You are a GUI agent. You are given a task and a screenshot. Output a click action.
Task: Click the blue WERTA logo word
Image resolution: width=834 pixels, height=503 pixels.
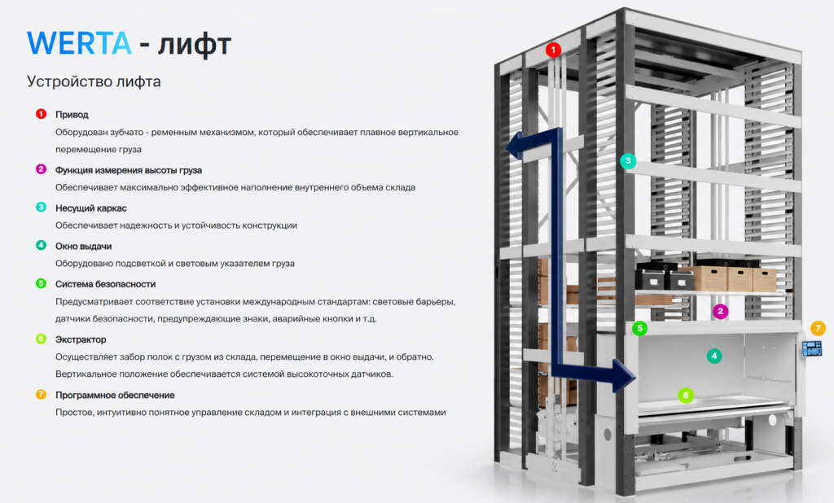[x=79, y=43]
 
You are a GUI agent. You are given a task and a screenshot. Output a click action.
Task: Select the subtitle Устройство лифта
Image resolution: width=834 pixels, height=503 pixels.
[x=94, y=81]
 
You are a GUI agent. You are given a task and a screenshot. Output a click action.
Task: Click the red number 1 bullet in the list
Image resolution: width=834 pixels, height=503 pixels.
[x=41, y=114]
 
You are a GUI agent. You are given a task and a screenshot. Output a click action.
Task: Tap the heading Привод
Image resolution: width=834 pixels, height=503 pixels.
[x=72, y=114]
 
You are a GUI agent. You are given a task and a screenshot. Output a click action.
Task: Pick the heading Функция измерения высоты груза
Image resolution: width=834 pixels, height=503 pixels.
[x=129, y=170]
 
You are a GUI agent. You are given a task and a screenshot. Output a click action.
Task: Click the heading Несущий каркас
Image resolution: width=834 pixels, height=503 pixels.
[x=91, y=208]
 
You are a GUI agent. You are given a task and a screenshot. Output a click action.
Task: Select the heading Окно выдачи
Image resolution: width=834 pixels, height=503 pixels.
[x=84, y=246]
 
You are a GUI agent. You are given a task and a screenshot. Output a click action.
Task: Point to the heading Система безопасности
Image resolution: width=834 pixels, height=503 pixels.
[x=105, y=284]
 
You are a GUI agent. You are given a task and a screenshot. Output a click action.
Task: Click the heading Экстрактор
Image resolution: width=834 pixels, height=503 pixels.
[x=81, y=339]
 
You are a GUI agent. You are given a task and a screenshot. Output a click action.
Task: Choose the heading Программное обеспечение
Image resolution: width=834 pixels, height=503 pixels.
[x=115, y=395]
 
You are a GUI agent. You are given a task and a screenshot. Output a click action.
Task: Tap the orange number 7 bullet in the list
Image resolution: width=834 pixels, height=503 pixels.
[x=41, y=395]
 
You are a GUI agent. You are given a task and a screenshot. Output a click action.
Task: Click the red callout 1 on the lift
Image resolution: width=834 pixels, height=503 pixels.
[x=553, y=50]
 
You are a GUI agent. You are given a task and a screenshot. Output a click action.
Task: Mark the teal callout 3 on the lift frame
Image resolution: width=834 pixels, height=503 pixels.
[x=628, y=160]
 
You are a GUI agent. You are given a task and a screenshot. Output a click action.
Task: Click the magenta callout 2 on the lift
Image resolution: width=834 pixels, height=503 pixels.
[x=720, y=312]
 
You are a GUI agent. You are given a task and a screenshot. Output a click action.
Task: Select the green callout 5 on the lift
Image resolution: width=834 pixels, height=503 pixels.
[x=640, y=328]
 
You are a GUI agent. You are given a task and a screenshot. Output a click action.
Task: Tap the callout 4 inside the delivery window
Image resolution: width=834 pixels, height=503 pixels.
[x=714, y=356]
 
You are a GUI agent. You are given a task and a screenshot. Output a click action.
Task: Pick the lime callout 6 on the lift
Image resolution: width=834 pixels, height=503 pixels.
[x=686, y=395]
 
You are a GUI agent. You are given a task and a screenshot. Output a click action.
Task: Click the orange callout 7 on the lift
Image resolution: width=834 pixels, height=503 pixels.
[x=818, y=328]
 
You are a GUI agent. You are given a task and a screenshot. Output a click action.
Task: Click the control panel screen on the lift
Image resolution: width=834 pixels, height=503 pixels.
[x=812, y=348]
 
